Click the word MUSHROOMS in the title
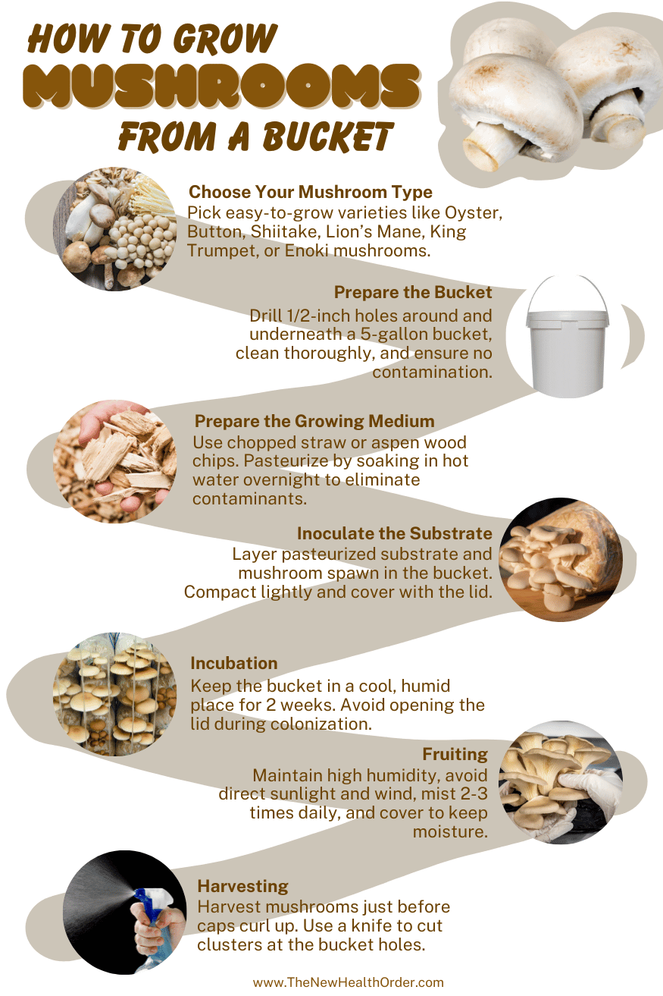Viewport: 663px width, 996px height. click(x=221, y=86)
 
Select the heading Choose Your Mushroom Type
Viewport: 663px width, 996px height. click(x=311, y=192)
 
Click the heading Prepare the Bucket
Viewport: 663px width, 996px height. click(x=413, y=292)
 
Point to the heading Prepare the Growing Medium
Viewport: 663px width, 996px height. click(x=314, y=421)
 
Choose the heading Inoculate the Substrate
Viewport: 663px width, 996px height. click(x=394, y=533)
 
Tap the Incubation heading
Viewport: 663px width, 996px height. click(x=234, y=663)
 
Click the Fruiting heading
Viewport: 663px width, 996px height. click(x=455, y=754)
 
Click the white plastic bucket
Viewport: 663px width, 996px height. click(x=567, y=351)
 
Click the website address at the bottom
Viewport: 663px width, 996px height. click(x=348, y=982)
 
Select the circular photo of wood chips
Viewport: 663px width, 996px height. click(x=115, y=461)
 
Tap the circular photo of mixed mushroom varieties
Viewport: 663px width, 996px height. click(x=115, y=229)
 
